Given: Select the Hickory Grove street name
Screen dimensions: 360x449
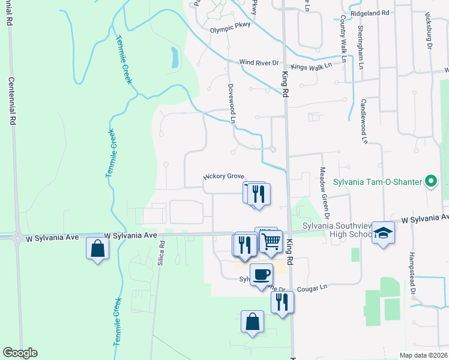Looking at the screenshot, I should pyautogui.click(x=223, y=176).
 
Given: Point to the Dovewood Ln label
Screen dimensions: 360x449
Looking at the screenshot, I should pyautogui.click(x=231, y=103).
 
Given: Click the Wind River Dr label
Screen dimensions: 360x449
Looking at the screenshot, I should pyautogui.click(x=259, y=62).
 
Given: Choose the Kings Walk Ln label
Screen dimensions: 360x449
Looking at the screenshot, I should pyautogui.click(x=311, y=67).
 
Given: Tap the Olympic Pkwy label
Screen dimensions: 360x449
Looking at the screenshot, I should pyautogui.click(x=229, y=29).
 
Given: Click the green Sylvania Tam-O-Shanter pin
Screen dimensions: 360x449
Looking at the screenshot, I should pyautogui.click(x=430, y=181).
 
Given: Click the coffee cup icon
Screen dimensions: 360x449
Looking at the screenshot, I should pyautogui.click(x=261, y=275).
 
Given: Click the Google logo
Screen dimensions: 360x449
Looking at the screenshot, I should pyautogui.click(x=20, y=353).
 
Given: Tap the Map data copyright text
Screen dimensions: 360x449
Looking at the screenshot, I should pyautogui.click(x=423, y=355).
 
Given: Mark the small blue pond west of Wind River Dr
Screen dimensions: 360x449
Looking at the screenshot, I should pyautogui.click(x=174, y=57).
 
